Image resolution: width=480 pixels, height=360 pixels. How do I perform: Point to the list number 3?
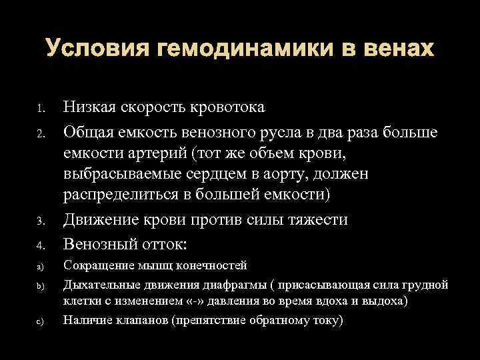[41, 221]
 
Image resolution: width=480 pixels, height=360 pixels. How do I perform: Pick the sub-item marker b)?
[39, 285]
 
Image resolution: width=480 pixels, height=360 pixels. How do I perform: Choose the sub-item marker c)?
[39, 322]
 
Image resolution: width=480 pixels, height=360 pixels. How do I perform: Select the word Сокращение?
[98, 266]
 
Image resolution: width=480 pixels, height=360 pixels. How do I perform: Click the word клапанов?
[137, 321]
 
